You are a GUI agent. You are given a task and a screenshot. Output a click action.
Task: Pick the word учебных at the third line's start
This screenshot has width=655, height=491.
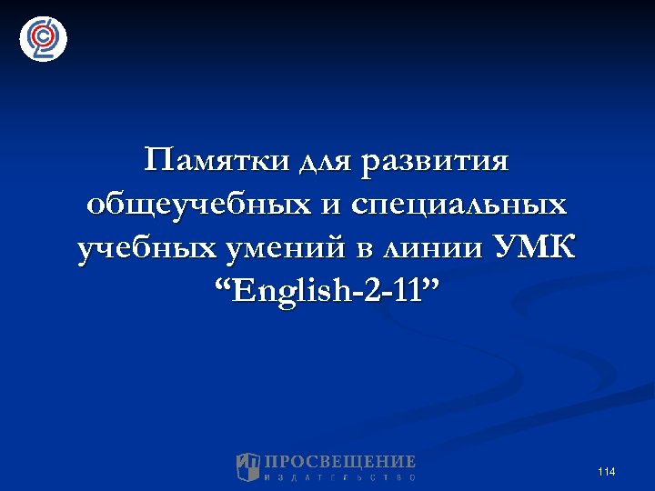[x=143, y=248]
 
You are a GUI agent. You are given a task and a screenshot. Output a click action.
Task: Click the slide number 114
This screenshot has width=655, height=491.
[x=607, y=471]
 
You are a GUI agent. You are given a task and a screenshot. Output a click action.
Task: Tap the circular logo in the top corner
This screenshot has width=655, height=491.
[x=43, y=38]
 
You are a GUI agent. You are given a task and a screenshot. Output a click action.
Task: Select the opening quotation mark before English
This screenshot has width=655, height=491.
[x=223, y=285]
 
